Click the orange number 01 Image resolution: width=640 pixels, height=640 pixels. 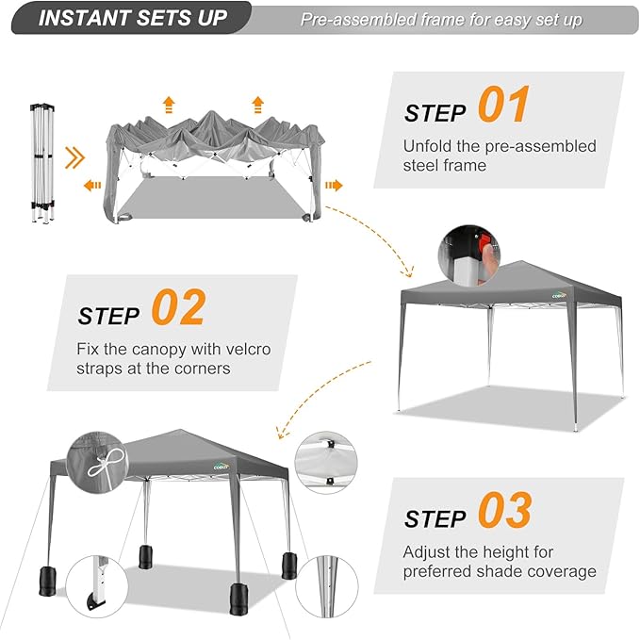click(503, 104)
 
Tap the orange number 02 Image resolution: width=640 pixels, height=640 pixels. click(179, 307)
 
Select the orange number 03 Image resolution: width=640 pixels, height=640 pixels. click(505, 510)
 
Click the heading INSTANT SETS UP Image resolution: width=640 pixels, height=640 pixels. click(133, 18)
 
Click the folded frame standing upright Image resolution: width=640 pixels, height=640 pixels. click(42, 163)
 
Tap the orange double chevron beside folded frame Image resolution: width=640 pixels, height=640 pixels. click(74, 157)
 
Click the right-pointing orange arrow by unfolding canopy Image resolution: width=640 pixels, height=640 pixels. click(334, 186)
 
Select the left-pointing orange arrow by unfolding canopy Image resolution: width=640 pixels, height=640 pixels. click(92, 186)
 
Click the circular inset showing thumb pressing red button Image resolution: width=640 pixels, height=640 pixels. click(469, 255)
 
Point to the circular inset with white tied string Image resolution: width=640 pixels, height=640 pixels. click(97, 463)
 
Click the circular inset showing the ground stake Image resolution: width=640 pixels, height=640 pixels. click(326, 586)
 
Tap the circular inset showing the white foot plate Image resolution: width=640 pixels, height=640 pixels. click(97, 586)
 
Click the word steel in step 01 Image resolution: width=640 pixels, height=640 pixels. click(421, 166)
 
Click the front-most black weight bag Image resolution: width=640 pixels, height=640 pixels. click(238, 599)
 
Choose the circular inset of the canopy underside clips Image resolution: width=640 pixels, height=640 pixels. click(326, 463)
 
